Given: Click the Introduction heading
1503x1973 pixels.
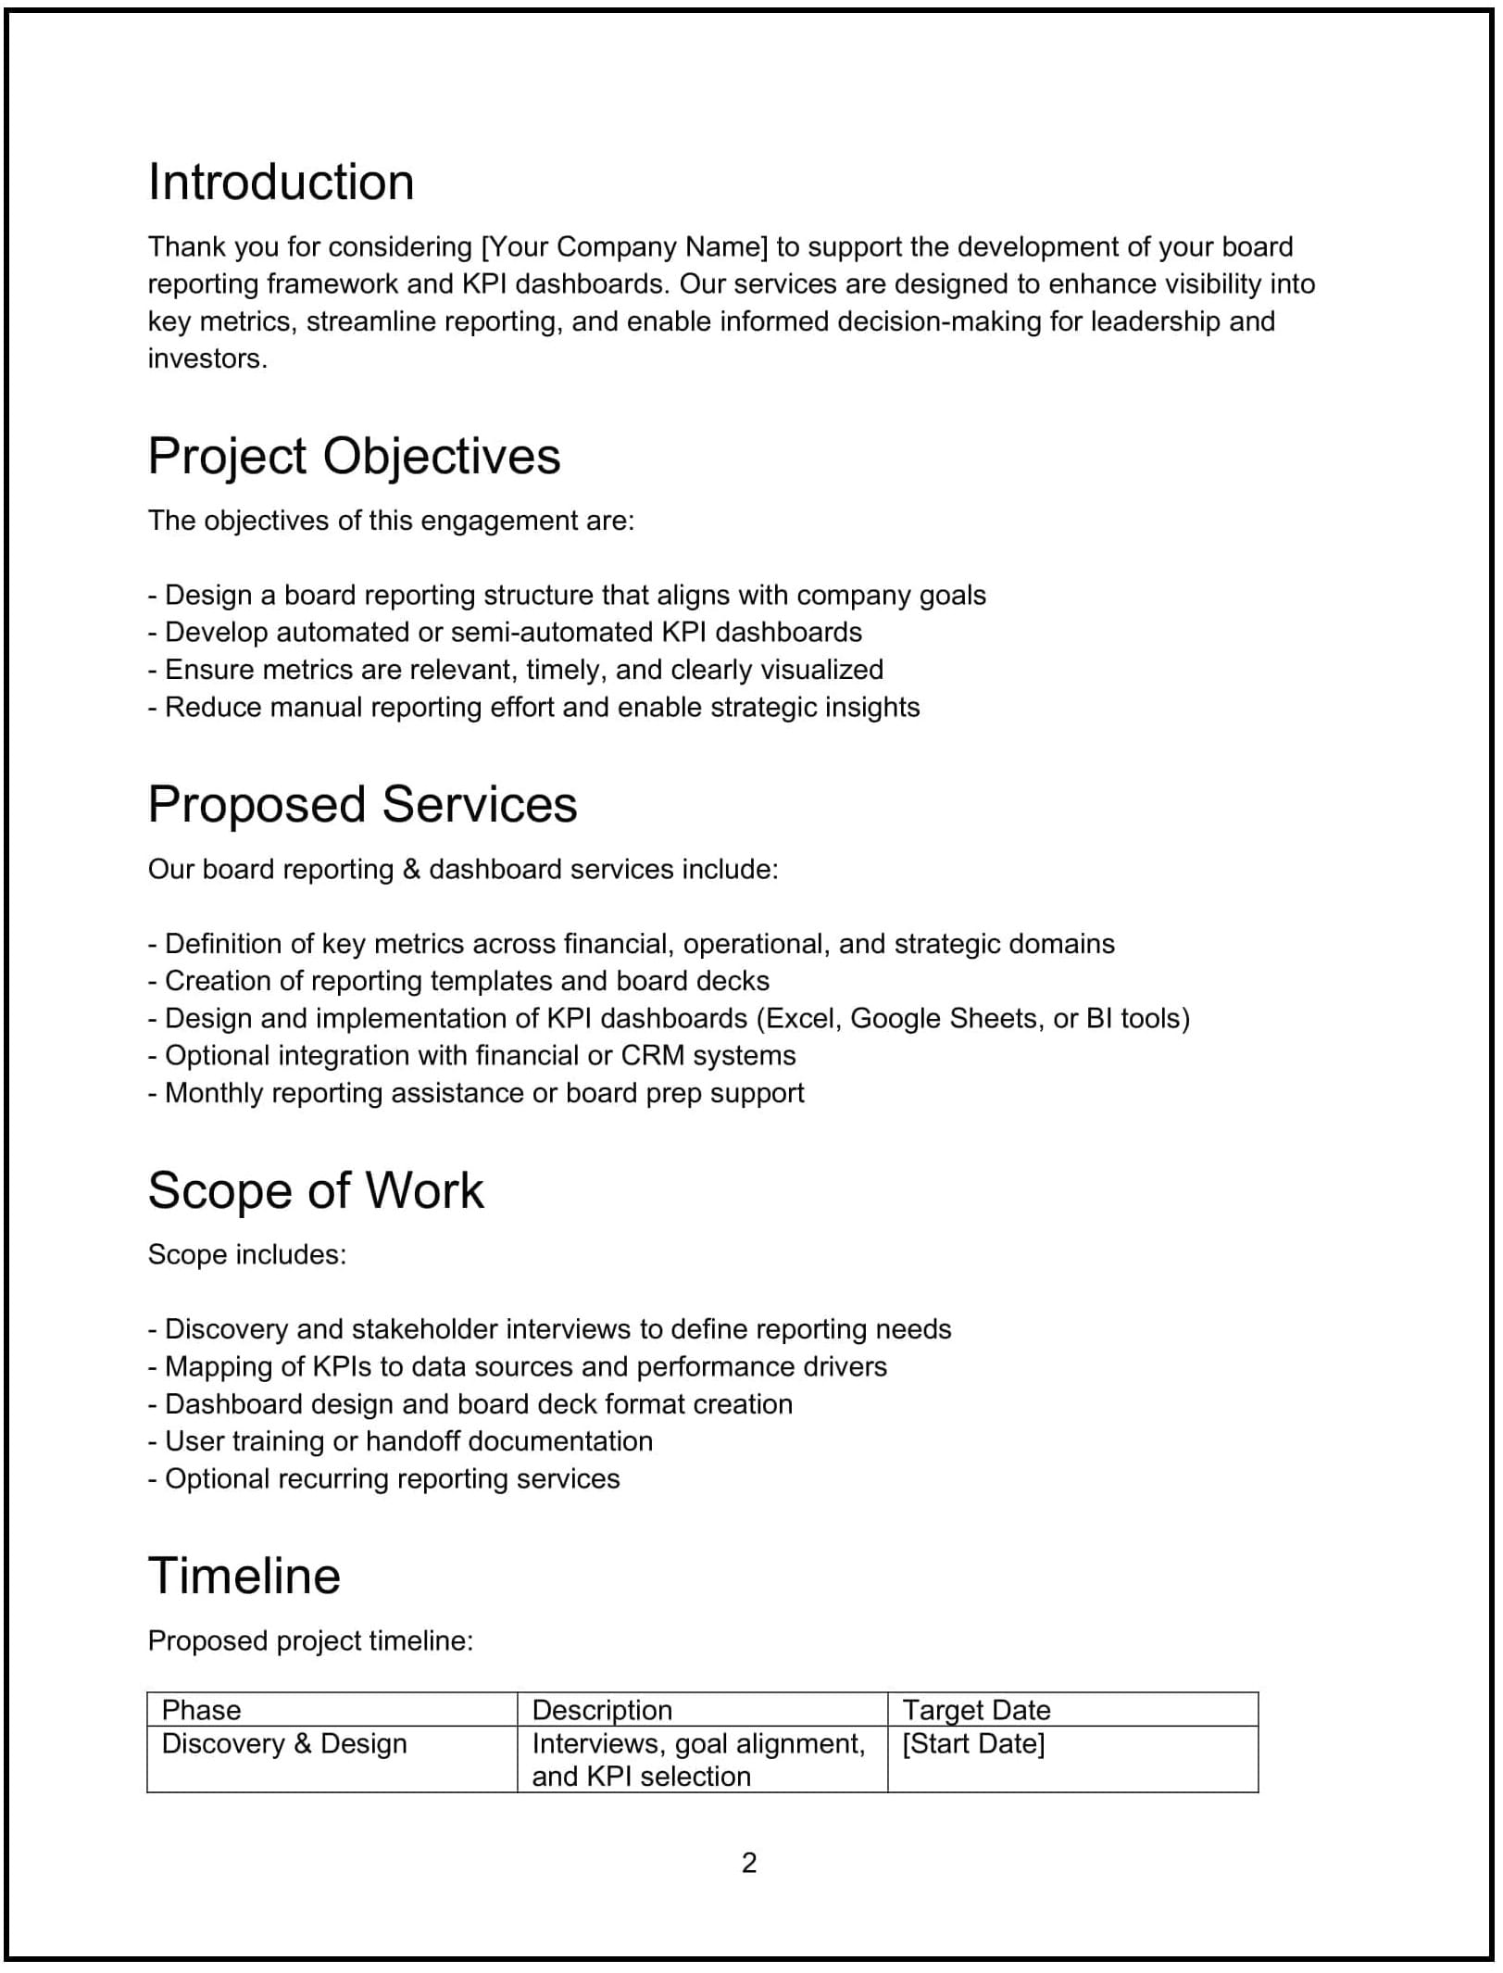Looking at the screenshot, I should point(281,182).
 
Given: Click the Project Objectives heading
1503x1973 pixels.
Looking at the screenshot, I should point(354,456).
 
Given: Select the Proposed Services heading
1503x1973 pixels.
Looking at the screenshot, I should point(362,804).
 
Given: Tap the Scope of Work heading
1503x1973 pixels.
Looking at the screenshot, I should point(315,1190).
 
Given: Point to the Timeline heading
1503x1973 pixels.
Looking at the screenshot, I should point(244,1576).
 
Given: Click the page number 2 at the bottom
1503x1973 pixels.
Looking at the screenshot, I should point(749,1862).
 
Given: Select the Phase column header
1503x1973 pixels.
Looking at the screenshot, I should point(201,1710).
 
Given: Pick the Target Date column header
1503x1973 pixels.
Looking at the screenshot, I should point(976,1710).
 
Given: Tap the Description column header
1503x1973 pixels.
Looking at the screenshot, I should point(602,1710).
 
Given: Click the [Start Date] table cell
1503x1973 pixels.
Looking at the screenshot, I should point(973,1743).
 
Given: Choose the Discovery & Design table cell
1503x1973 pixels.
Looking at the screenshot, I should point(284,1743).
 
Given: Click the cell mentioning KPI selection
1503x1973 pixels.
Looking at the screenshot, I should point(699,1760).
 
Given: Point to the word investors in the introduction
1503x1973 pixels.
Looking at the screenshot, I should point(207,359).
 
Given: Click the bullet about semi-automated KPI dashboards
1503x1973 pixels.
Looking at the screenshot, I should point(505,633).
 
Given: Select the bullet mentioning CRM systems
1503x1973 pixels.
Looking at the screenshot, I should point(471,1056).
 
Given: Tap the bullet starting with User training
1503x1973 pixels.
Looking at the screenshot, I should point(400,1441).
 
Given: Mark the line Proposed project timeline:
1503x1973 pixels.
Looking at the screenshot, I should point(310,1641).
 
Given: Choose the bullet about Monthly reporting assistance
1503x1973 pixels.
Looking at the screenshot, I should point(476,1093).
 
